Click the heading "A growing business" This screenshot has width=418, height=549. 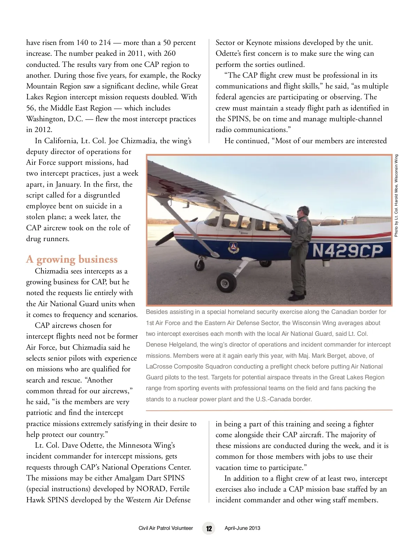pos(72,260)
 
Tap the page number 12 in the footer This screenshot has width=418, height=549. pos(209,528)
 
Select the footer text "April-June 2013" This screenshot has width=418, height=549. pos(242,528)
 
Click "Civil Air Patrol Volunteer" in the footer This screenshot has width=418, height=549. pos(165,528)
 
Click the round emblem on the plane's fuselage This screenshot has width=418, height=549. pos(233,247)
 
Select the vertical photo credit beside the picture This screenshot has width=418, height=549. pos(396,195)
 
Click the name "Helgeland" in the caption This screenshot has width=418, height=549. pos(184,345)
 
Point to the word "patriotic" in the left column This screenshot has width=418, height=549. pos(40,413)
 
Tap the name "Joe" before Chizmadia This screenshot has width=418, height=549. pos(114,141)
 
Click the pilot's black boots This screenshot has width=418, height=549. pos(297,297)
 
